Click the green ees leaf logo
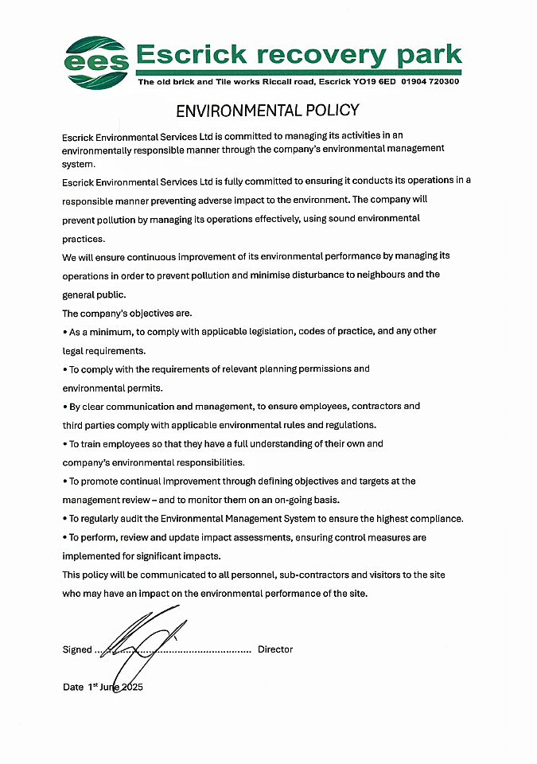click(x=96, y=61)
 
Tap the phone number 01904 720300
click(x=430, y=81)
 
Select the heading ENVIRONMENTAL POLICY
click(x=267, y=110)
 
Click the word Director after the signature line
click(x=275, y=649)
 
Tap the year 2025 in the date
click(x=130, y=687)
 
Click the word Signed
click(x=77, y=649)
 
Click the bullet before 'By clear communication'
click(x=64, y=407)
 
